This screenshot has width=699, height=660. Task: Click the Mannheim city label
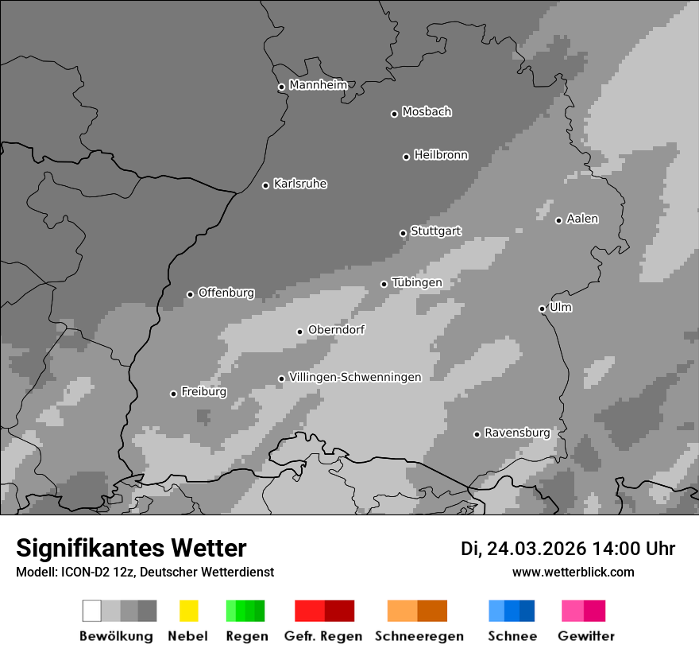click(318, 85)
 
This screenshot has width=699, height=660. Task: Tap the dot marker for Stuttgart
click(403, 233)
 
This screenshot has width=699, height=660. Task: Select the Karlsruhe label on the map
click(299, 184)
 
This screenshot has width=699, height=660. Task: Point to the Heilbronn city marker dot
click(406, 157)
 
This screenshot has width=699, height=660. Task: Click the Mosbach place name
click(427, 112)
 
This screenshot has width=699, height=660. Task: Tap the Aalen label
click(582, 219)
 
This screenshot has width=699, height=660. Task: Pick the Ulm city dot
click(542, 309)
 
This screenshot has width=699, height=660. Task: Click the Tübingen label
click(417, 282)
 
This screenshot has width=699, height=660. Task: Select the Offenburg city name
click(226, 293)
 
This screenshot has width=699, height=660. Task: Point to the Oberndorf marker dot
click(299, 332)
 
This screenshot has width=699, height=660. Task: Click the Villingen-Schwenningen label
click(355, 377)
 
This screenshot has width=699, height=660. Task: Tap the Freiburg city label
click(203, 392)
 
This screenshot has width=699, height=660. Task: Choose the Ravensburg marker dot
click(477, 434)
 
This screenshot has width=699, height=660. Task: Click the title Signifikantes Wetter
click(131, 548)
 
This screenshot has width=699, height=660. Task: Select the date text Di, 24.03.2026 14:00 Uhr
click(568, 549)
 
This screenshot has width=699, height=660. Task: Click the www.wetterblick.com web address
click(573, 572)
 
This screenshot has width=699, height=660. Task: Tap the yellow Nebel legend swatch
click(188, 611)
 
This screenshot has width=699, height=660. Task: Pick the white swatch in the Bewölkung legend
click(92, 611)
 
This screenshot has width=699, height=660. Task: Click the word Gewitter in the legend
click(585, 636)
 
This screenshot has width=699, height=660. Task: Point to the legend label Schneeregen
click(419, 636)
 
